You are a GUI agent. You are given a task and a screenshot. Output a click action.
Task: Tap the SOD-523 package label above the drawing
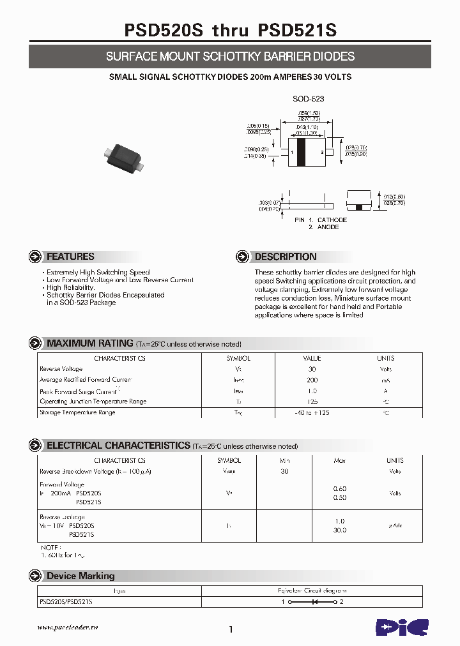click(308, 99)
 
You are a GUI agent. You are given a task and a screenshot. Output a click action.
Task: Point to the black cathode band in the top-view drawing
click(301, 153)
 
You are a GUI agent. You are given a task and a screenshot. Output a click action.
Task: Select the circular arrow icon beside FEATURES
click(35, 257)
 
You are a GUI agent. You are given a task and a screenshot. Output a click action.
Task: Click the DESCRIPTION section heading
click(286, 257)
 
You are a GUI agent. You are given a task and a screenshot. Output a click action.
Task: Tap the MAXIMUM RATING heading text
click(90, 343)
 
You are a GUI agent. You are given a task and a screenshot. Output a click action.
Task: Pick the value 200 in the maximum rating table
click(312, 380)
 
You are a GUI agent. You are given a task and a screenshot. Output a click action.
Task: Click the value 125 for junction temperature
click(312, 402)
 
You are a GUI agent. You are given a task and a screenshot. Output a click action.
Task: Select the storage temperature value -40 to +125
click(312, 413)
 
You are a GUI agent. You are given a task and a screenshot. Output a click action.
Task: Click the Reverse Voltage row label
click(61, 369)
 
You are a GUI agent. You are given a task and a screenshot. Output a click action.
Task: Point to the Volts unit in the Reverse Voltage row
click(386, 369)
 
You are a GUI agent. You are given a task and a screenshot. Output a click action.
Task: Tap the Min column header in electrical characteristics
click(285, 460)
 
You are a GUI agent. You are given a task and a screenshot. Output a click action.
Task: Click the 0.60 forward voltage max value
click(340, 488)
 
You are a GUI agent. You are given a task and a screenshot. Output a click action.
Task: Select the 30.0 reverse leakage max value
click(340, 530)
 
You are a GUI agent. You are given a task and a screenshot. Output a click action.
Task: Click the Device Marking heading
click(80, 576)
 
